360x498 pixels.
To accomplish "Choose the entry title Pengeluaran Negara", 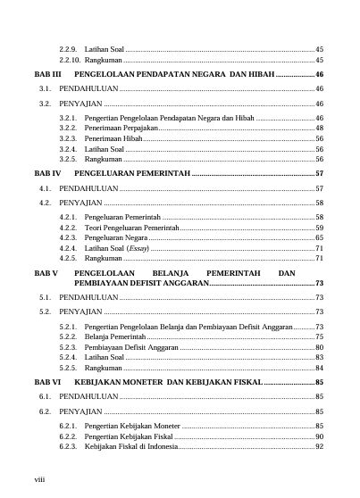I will click(x=116, y=238).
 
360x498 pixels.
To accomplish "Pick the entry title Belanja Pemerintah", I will click(x=115, y=337).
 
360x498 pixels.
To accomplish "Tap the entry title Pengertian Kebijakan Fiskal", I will click(x=130, y=436).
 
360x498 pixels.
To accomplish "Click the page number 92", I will click(x=319, y=446).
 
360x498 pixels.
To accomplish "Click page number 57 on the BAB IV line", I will click(x=319, y=172).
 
